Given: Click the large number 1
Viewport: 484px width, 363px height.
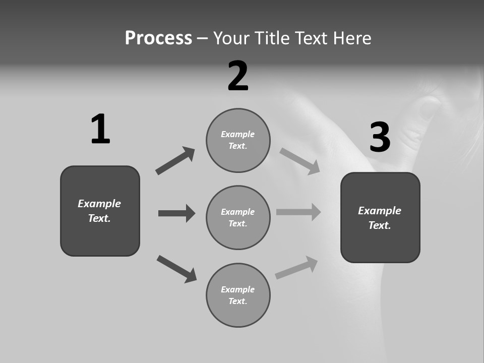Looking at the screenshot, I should pos(100,129).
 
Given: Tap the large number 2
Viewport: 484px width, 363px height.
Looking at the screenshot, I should pos(238,76).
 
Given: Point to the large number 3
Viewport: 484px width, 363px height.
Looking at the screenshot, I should pos(380,137).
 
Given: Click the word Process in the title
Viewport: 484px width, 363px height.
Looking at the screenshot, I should pos(158,38).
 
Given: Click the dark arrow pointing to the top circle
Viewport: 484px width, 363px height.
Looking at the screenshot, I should pos(175,161).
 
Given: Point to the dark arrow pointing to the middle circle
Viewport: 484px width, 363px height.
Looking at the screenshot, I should pos(176,213).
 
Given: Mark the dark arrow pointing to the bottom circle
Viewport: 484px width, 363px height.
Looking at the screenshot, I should pos(177,269).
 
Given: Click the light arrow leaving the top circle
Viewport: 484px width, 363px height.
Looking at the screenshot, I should pos(300,161).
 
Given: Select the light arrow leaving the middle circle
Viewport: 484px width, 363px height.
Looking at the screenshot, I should pos(298,212).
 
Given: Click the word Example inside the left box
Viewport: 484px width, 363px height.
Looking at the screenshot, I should pos(99,204).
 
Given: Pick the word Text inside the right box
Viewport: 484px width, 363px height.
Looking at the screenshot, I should pos(380,225).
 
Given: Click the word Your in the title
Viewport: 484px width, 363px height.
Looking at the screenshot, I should pos(231,38).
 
